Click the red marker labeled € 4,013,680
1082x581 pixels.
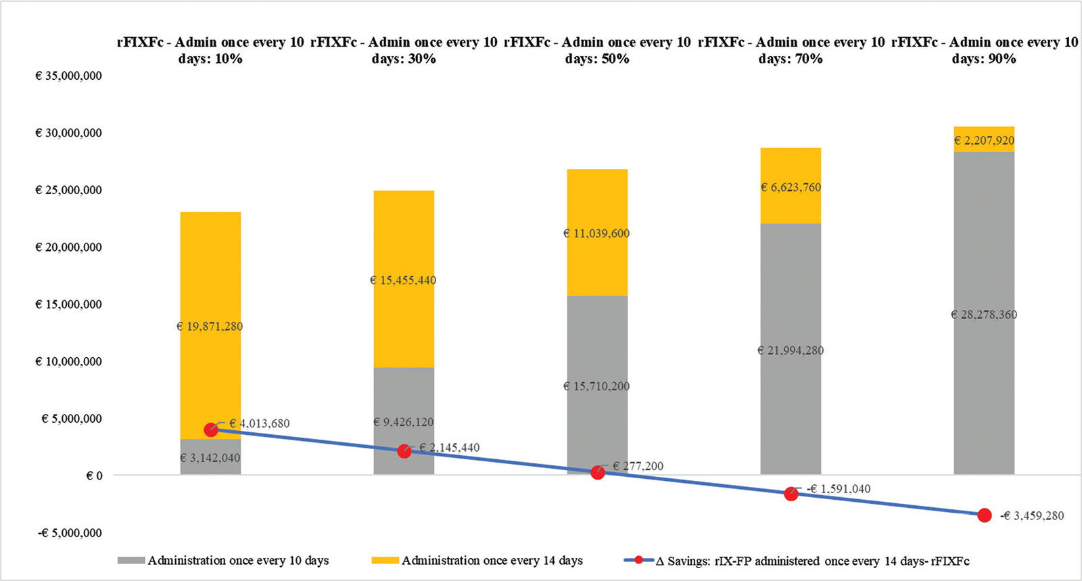tap(211, 429)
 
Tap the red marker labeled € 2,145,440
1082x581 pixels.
tap(404, 451)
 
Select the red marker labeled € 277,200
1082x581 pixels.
tap(598, 472)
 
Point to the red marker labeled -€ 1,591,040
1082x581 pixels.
tap(791, 494)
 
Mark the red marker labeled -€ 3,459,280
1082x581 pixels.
tap(985, 515)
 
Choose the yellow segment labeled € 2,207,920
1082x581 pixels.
tap(984, 139)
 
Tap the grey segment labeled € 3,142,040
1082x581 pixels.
tap(210, 458)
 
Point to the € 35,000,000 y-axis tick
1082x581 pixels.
tap(68, 76)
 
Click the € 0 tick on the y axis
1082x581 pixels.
tap(94, 476)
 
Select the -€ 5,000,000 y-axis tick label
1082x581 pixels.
tap(70, 533)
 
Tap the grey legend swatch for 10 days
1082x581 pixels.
tap(131, 561)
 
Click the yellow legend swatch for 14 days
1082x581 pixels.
tap(385, 561)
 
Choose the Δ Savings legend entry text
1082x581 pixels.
tap(812, 561)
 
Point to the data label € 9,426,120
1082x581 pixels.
tap(404, 422)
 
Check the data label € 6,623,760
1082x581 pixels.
tap(791, 187)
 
